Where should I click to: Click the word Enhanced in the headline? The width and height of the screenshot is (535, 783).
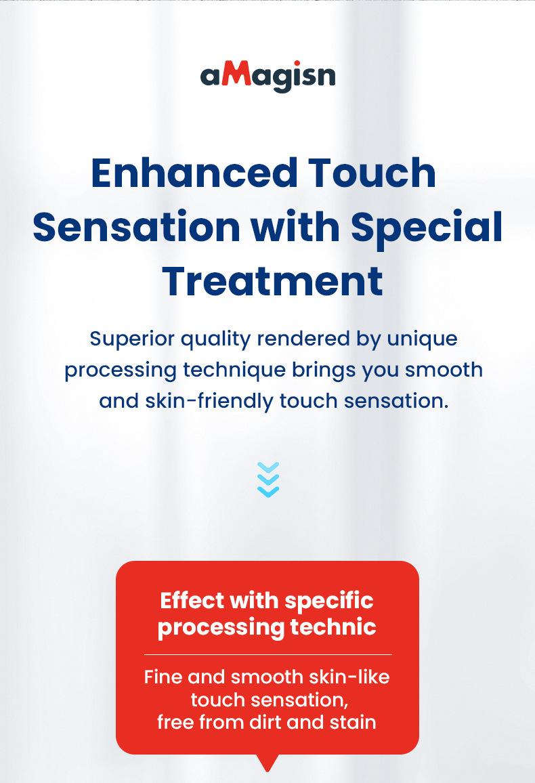click(194, 173)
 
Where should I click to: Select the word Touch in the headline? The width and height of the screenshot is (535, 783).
click(372, 173)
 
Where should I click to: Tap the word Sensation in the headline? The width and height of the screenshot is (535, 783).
click(137, 227)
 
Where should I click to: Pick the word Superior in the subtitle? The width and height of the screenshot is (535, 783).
click(132, 339)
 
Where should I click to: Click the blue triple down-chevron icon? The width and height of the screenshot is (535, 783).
click(268, 480)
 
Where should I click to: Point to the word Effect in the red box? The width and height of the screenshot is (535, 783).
click(192, 600)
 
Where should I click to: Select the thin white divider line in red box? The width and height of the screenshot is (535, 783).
click(268, 654)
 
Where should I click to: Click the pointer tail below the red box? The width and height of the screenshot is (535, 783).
click(268, 762)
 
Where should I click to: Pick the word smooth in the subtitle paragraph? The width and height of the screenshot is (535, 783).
click(443, 371)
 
